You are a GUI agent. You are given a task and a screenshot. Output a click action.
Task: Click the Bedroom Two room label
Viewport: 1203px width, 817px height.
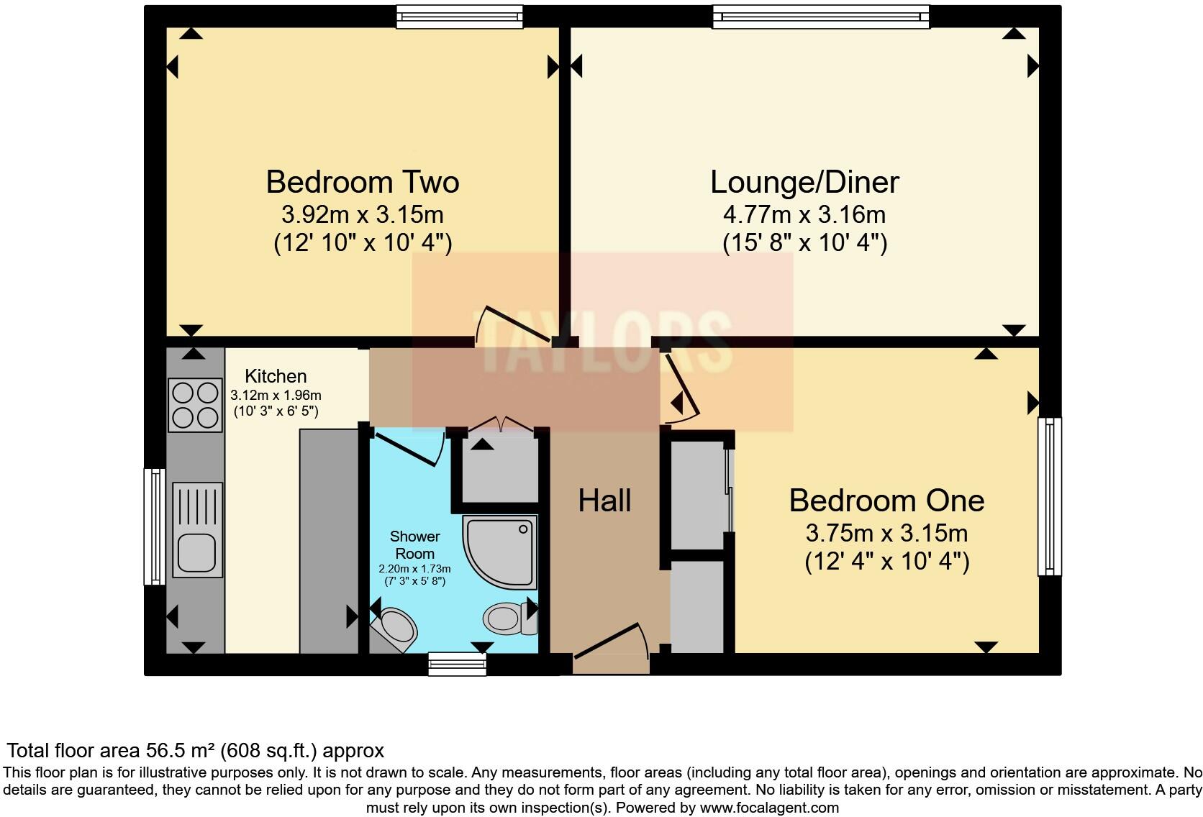pos(363,182)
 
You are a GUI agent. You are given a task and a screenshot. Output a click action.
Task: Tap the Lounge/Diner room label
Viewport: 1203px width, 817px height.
pos(804,183)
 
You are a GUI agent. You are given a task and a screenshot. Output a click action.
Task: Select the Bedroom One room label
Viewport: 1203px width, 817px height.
pos(886,501)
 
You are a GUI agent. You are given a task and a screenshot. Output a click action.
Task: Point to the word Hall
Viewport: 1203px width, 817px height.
pos(604,501)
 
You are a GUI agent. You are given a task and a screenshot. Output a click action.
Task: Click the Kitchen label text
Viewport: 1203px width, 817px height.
pos(276,375)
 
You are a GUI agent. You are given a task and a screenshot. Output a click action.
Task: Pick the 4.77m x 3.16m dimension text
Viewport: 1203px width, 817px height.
pos(804,215)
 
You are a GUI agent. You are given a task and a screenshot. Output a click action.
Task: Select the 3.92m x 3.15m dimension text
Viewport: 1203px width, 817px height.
pos(363,215)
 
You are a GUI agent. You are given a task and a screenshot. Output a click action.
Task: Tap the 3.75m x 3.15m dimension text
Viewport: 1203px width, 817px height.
pos(886,533)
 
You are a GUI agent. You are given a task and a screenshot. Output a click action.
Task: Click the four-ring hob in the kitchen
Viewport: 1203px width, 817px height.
pos(195,406)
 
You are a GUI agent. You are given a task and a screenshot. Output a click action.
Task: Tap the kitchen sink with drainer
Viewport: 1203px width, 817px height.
pos(197,530)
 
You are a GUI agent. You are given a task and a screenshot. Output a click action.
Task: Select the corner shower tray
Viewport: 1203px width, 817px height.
pos(500,552)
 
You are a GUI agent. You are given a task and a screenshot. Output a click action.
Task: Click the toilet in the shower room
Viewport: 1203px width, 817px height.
pos(510,619)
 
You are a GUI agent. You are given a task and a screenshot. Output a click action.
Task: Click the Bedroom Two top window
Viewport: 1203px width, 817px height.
pos(459,17)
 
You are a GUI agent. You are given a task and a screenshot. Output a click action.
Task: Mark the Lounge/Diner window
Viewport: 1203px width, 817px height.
pos(821,17)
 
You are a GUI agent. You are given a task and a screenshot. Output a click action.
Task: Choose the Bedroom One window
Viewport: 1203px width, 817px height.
pos(1050,496)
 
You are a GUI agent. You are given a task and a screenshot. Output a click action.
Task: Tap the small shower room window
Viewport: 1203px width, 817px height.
pos(457,664)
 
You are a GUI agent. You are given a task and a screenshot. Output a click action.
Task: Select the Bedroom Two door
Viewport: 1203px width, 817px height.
pos(514,324)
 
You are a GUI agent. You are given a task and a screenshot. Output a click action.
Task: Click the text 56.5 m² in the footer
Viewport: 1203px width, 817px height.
pos(181,750)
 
